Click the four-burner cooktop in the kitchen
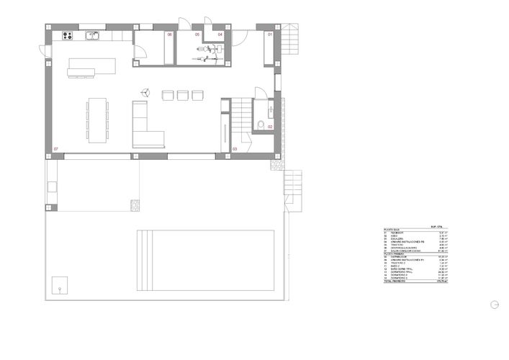pyautogui.click(x=69, y=35)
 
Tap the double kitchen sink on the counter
pyautogui.click(x=92, y=35)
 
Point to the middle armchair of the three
pyautogui.click(x=183, y=94)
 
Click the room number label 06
pyautogui.click(x=170, y=34)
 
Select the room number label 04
pyautogui.click(x=220, y=34)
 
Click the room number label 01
pyautogui.click(x=271, y=34)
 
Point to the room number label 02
pyautogui.click(x=271, y=127)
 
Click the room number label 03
pyautogui.click(x=235, y=149)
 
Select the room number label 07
pyautogui.click(x=55, y=149)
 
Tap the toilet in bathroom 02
pyautogui.click(x=261, y=125)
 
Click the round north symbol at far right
pyautogui.click(x=494, y=304)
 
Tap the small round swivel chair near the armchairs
pyautogui.click(x=145, y=92)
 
